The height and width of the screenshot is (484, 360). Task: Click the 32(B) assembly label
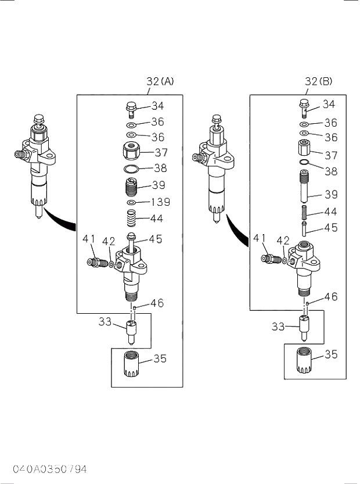pyautogui.click(x=319, y=82)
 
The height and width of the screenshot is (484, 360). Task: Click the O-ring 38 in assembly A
pyautogui.click(x=132, y=169)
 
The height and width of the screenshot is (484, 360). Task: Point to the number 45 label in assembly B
pyautogui.click(x=331, y=228)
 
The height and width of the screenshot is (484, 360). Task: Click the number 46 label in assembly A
pyautogui.click(x=157, y=303)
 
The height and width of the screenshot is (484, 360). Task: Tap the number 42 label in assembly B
pyautogui.click(x=283, y=240)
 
